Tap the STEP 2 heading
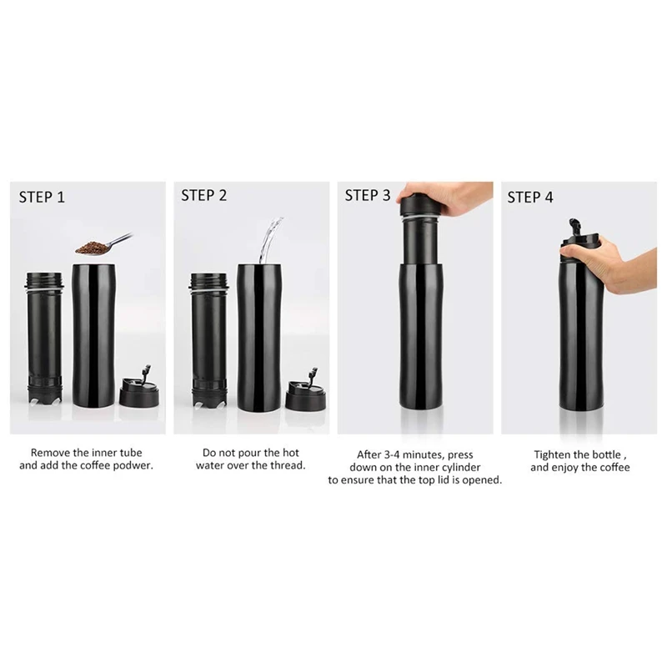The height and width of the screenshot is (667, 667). (x=204, y=196)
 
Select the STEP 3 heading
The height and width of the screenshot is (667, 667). (x=368, y=197)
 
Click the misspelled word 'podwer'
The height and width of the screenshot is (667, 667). (x=133, y=467)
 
